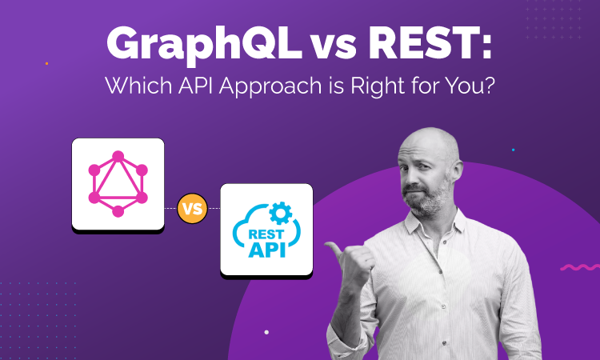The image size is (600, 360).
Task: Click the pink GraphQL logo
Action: coord(118,184)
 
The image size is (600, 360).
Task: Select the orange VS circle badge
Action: coord(191,210)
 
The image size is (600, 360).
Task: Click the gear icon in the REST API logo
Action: coord(281,210)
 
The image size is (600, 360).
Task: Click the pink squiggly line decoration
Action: coord(579,267)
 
